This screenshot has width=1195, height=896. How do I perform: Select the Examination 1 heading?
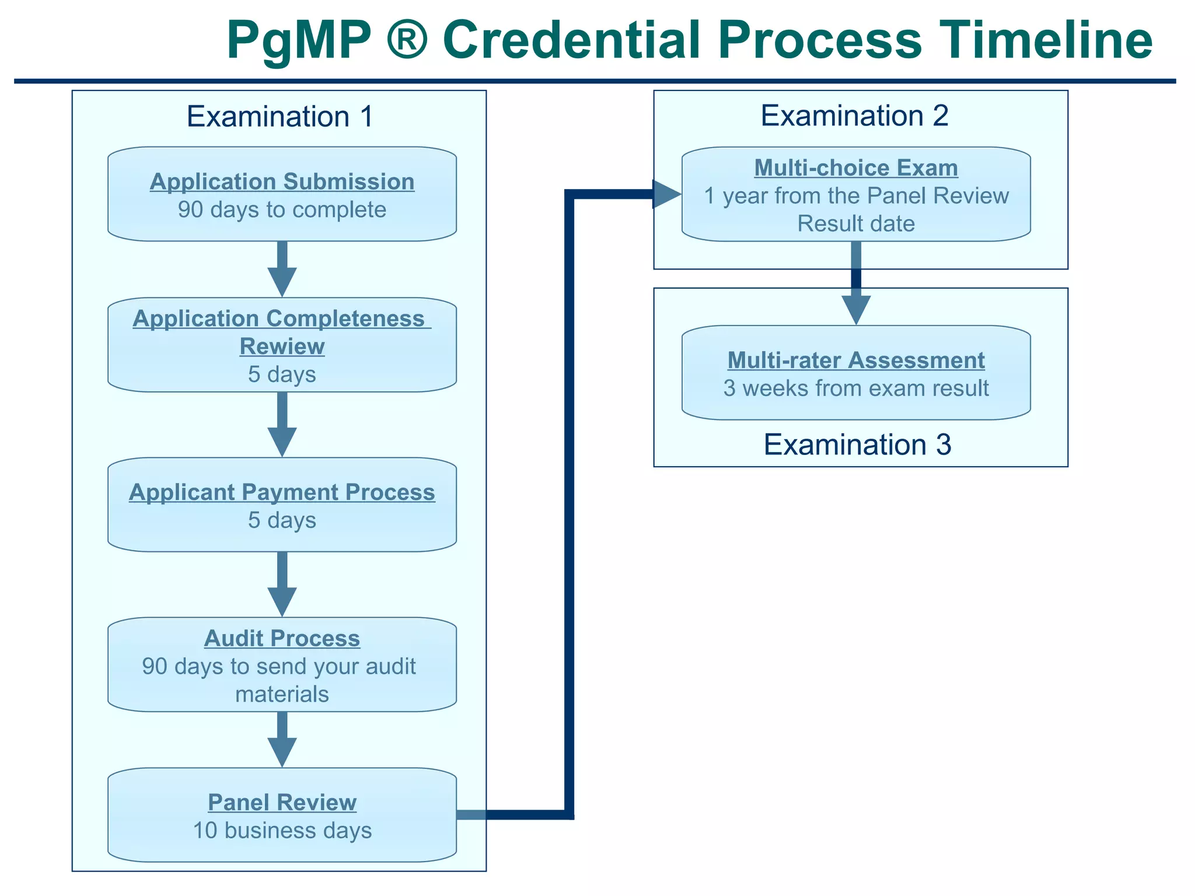coord(279,116)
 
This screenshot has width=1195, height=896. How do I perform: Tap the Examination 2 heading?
coord(854,116)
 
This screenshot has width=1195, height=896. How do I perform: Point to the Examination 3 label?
coord(857,444)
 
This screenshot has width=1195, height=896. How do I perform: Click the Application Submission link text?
coord(282,181)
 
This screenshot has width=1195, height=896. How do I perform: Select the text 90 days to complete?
coord(282,209)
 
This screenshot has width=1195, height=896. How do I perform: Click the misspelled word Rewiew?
coord(282,346)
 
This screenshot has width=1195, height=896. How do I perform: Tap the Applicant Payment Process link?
coord(282,492)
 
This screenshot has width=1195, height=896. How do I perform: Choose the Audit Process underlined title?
coord(282,638)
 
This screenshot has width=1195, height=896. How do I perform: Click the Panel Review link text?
coord(282,802)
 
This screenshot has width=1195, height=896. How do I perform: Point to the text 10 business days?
coord(282,830)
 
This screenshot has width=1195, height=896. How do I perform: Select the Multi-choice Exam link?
coord(856,167)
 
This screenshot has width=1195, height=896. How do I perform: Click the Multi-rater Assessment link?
coord(856,360)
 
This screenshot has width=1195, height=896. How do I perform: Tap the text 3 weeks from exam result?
coord(856,388)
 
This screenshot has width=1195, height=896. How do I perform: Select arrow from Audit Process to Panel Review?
coord(282,740)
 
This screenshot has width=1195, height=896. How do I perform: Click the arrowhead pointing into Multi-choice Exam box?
coord(665,194)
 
